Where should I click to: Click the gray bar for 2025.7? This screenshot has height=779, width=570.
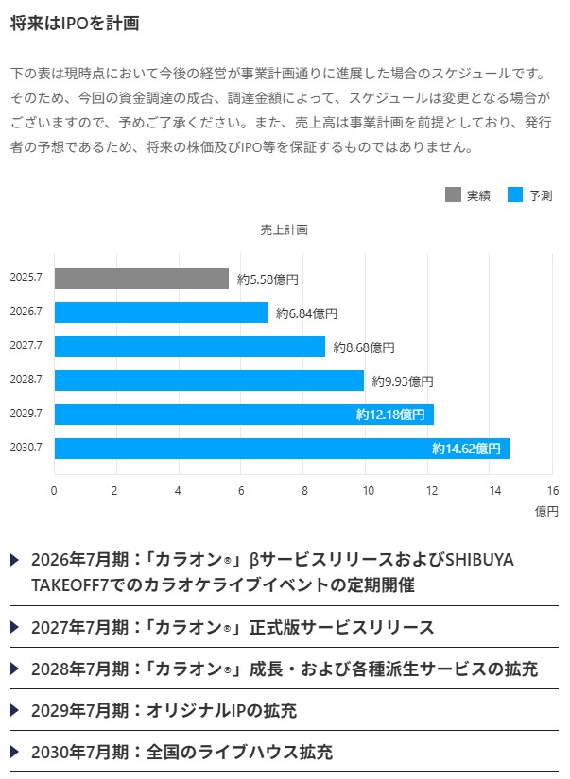[142, 279]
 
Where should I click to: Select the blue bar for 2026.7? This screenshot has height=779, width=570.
[161, 313]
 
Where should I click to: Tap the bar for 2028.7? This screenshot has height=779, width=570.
[209, 381]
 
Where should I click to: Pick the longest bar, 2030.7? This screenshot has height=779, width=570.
[282, 449]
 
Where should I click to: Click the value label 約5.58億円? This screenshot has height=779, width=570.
[268, 279]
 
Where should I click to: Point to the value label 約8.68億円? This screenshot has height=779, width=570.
[364, 347]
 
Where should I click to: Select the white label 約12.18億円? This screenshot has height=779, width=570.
[390, 415]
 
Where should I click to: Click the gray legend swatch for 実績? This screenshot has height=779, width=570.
[453, 195]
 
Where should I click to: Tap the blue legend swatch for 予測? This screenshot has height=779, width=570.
[515, 195]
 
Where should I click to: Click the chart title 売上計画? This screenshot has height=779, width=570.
[285, 229]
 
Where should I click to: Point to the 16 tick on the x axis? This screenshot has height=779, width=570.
[553, 490]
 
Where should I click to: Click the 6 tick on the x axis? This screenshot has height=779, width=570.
[241, 490]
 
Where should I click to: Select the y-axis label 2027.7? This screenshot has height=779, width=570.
[26, 347]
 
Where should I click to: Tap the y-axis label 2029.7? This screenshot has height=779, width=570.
[26, 415]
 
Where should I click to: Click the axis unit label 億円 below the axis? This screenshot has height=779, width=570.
[546, 511]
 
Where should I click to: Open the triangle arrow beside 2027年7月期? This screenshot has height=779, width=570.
[15, 627]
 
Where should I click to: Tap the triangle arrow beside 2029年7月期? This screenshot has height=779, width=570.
[15, 710]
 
